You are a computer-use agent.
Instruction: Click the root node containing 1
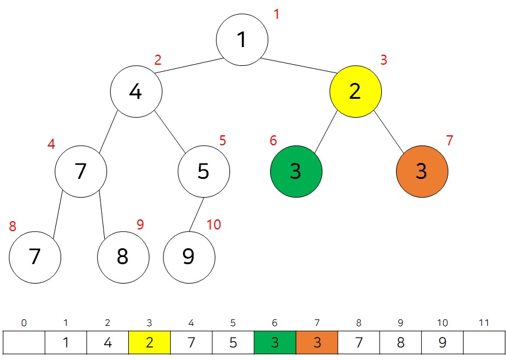242,39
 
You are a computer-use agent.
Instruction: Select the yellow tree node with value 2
355,91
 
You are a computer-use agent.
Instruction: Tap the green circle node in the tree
296,171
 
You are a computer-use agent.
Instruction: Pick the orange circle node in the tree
422,171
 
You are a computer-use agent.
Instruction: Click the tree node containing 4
136,91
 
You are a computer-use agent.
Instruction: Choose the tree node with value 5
204,171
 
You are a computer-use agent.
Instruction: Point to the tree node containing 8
123,257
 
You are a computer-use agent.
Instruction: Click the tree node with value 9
189,257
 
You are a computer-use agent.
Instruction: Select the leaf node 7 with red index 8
35,257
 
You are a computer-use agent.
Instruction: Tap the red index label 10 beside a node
214,225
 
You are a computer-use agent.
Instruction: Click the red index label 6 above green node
273,141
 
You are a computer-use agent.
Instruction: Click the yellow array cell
149,343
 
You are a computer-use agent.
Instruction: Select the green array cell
275,343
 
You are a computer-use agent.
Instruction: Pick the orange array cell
317,343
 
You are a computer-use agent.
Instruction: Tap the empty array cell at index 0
24,343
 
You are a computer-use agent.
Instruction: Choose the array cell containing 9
442,343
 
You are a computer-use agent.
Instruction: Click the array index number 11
484,323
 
